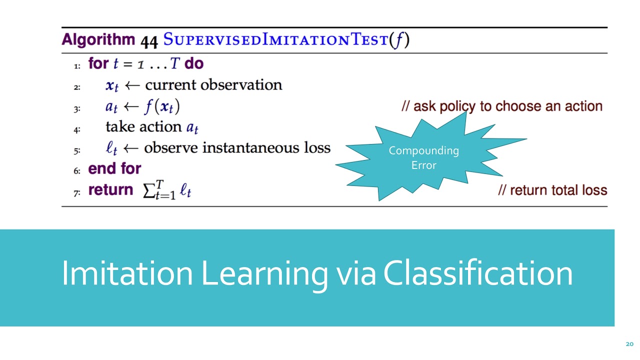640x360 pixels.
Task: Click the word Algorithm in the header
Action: (x=98, y=40)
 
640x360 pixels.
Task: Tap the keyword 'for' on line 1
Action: (x=98, y=64)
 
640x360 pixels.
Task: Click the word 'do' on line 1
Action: (x=194, y=64)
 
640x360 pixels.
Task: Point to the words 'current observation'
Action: (x=213, y=85)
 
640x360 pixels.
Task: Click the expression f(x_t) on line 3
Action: (x=162, y=106)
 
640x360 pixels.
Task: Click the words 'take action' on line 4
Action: (x=143, y=127)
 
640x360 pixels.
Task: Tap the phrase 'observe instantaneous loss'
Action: (x=237, y=148)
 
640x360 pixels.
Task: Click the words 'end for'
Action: (x=114, y=168)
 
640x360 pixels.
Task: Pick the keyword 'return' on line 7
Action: (x=110, y=190)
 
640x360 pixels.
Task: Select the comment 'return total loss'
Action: (x=552, y=190)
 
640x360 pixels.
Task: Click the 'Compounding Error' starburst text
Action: (x=423, y=157)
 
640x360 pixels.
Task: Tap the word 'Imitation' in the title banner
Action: (x=127, y=273)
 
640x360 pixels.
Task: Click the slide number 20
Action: (x=629, y=344)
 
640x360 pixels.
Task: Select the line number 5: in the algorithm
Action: (x=77, y=149)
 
